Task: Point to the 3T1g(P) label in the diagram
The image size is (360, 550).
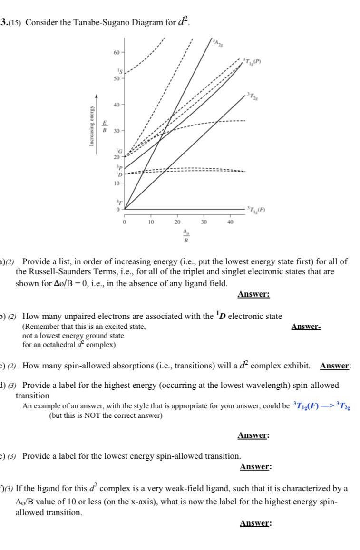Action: (253, 60)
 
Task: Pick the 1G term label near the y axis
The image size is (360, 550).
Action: (121, 150)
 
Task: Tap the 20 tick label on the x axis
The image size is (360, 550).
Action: (177, 222)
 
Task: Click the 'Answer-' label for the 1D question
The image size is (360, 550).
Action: (306, 327)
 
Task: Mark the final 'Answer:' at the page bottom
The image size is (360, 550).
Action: (255, 523)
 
